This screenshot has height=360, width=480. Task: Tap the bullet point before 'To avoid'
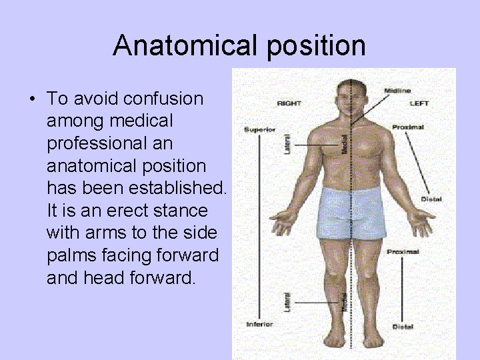pos(32,99)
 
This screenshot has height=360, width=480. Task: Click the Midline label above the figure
pos(397,90)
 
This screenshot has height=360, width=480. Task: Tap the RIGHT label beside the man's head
pos(289,103)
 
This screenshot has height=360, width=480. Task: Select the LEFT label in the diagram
pos(419,103)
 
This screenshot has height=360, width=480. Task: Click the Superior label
pos(259,129)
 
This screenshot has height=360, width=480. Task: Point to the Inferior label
pos(259,324)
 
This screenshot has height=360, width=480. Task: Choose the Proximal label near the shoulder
pos(408,127)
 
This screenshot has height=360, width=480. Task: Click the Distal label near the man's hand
pos(431,199)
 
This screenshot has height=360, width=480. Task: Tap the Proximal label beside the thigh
pos(403,252)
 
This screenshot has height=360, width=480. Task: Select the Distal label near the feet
pos(403,327)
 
